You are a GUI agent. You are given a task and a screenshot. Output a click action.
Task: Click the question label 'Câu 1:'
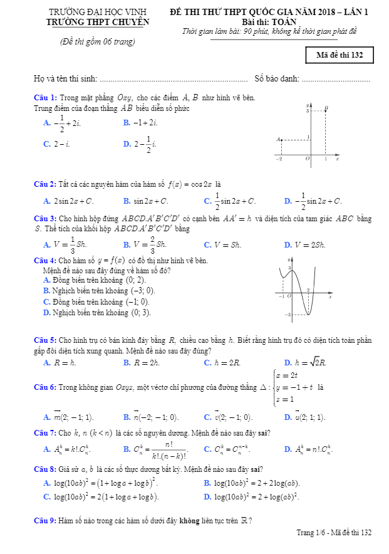pos(45,98)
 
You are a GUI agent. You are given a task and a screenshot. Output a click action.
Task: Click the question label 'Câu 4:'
pos(45,261)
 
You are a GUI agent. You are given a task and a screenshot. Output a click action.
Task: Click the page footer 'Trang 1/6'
pos(311,533)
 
